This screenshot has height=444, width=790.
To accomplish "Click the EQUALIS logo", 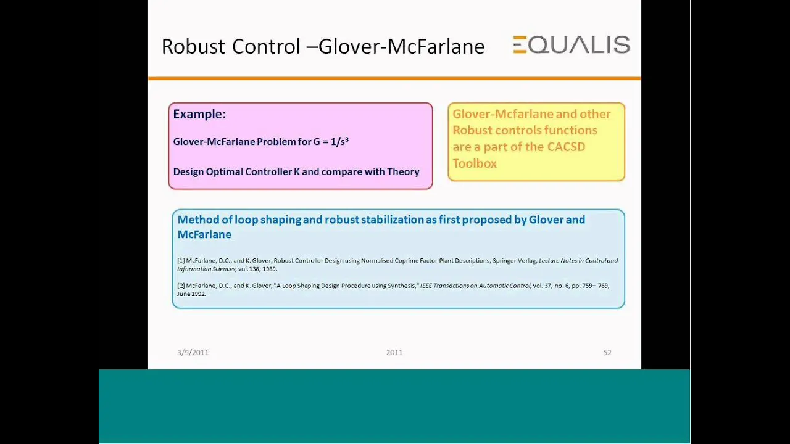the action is pyautogui.click(x=572, y=45).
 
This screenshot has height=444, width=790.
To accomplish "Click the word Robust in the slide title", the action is pyautogui.click(x=193, y=46).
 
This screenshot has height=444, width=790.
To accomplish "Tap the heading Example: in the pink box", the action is pyautogui.click(x=199, y=114).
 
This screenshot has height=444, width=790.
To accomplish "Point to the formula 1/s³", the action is pyautogui.click(x=339, y=141).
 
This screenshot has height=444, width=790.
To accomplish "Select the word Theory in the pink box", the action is pyautogui.click(x=403, y=172).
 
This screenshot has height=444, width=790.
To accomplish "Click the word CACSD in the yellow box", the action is pyautogui.click(x=566, y=147).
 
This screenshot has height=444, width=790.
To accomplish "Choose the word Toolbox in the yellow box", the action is pyautogui.click(x=475, y=163).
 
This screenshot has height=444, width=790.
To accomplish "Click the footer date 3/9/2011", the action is pyautogui.click(x=193, y=352).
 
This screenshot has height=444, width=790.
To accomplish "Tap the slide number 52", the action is pyautogui.click(x=607, y=352).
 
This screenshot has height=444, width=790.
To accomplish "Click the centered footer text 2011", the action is pyautogui.click(x=394, y=352).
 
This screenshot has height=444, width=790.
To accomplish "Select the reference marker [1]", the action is pyautogui.click(x=181, y=261).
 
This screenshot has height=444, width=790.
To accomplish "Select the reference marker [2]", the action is pyautogui.click(x=181, y=286).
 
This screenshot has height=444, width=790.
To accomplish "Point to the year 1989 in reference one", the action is pyautogui.click(x=270, y=269).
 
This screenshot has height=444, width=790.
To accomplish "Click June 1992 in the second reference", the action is pyautogui.click(x=191, y=294).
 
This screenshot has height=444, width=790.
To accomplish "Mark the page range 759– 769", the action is pyautogui.click(x=596, y=286).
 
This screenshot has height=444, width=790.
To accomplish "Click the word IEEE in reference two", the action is pyautogui.click(x=426, y=286).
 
